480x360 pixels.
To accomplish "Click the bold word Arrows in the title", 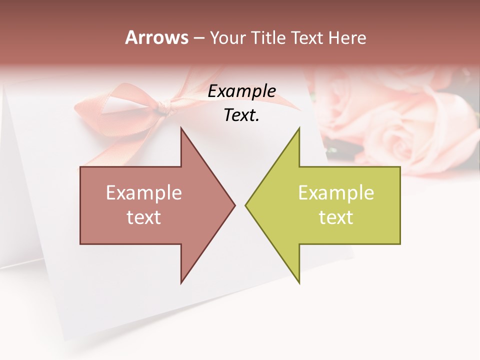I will [157, 37].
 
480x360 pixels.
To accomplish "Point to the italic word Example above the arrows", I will [241, 91].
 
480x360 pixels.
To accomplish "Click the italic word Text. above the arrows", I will [241, 115].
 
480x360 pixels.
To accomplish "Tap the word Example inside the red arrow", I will [144, 193].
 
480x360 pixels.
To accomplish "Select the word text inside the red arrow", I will [144, 217].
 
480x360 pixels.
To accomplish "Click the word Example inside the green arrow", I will [336, 193].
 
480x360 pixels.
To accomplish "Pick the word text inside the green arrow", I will [336, 217].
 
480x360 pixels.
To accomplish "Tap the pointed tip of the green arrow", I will [246, 205].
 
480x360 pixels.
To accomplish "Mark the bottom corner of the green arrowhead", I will [299, 282].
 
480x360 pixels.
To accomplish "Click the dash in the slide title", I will [198, 38].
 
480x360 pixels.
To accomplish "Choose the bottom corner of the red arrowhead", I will [181, 282].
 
